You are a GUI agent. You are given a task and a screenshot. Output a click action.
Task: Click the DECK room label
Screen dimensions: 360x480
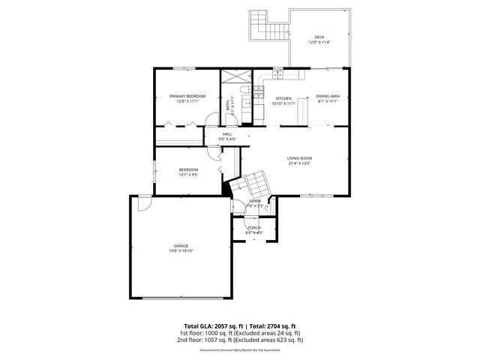(319, 37)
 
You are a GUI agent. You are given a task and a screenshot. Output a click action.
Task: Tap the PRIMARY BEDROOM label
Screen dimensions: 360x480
(187, 96)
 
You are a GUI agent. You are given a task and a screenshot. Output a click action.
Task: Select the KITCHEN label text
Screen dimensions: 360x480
(283, 98)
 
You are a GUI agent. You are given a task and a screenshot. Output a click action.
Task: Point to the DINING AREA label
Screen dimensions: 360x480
(328, 96)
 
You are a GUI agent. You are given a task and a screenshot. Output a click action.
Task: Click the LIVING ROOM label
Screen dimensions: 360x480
(299, 158)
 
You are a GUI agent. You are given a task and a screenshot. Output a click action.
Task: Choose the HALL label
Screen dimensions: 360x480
(226, 134)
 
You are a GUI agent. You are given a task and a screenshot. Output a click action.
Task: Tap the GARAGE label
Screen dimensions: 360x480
(181, 246)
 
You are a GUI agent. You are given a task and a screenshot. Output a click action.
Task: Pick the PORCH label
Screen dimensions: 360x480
(254, 227)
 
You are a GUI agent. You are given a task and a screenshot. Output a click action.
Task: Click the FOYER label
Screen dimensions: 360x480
(255, 201)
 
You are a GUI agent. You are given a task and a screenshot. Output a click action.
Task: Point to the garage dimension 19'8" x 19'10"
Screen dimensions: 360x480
(181, 251)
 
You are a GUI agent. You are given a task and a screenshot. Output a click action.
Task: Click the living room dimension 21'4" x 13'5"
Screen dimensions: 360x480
(299, 163)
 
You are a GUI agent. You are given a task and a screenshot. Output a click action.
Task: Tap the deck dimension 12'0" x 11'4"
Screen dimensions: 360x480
(319, 42)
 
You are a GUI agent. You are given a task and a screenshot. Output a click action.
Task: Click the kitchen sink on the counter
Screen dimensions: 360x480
(277, 73)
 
